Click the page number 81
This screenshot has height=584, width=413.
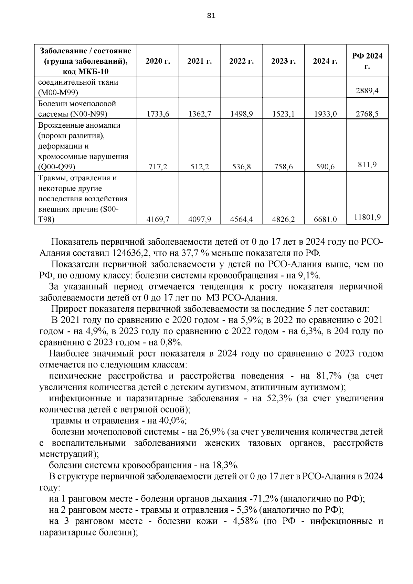point(211,16)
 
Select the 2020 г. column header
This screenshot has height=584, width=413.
point(158,61)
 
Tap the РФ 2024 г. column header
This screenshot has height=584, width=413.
point(367,61)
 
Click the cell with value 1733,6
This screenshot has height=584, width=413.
point(158,114)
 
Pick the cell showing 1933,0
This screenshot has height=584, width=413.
point(325,114)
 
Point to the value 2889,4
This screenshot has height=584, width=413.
point(367,91)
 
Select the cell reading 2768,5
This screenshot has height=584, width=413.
point(367,114)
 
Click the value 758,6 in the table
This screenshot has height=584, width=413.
point(284,167)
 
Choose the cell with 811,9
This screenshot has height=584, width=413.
point(367,165)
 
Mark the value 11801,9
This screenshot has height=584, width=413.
point(367,217)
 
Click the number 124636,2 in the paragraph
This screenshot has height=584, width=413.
point(131,254)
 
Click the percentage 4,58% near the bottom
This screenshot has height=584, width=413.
point(246,521)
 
